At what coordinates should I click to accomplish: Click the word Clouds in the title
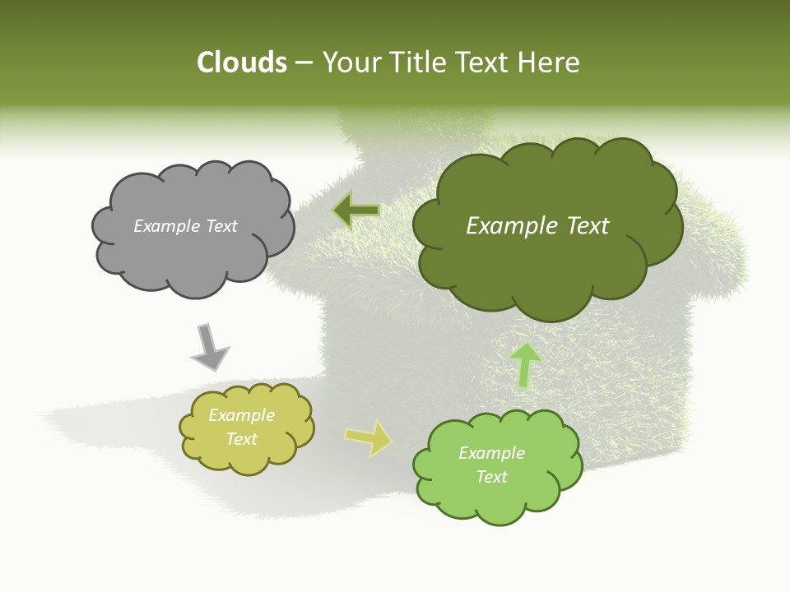click(x=241, y=62)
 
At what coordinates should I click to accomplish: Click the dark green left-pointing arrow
click(x=356, y=211)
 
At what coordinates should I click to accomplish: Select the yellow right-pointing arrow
click(x=369, y=437)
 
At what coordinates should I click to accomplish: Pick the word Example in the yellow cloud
click(x=242, y=415)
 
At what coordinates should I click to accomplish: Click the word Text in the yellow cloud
click(x=242, y=439)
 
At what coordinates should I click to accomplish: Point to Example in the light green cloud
click(x=491, y=453)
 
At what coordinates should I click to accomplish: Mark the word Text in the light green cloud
click(x=491, y=477)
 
